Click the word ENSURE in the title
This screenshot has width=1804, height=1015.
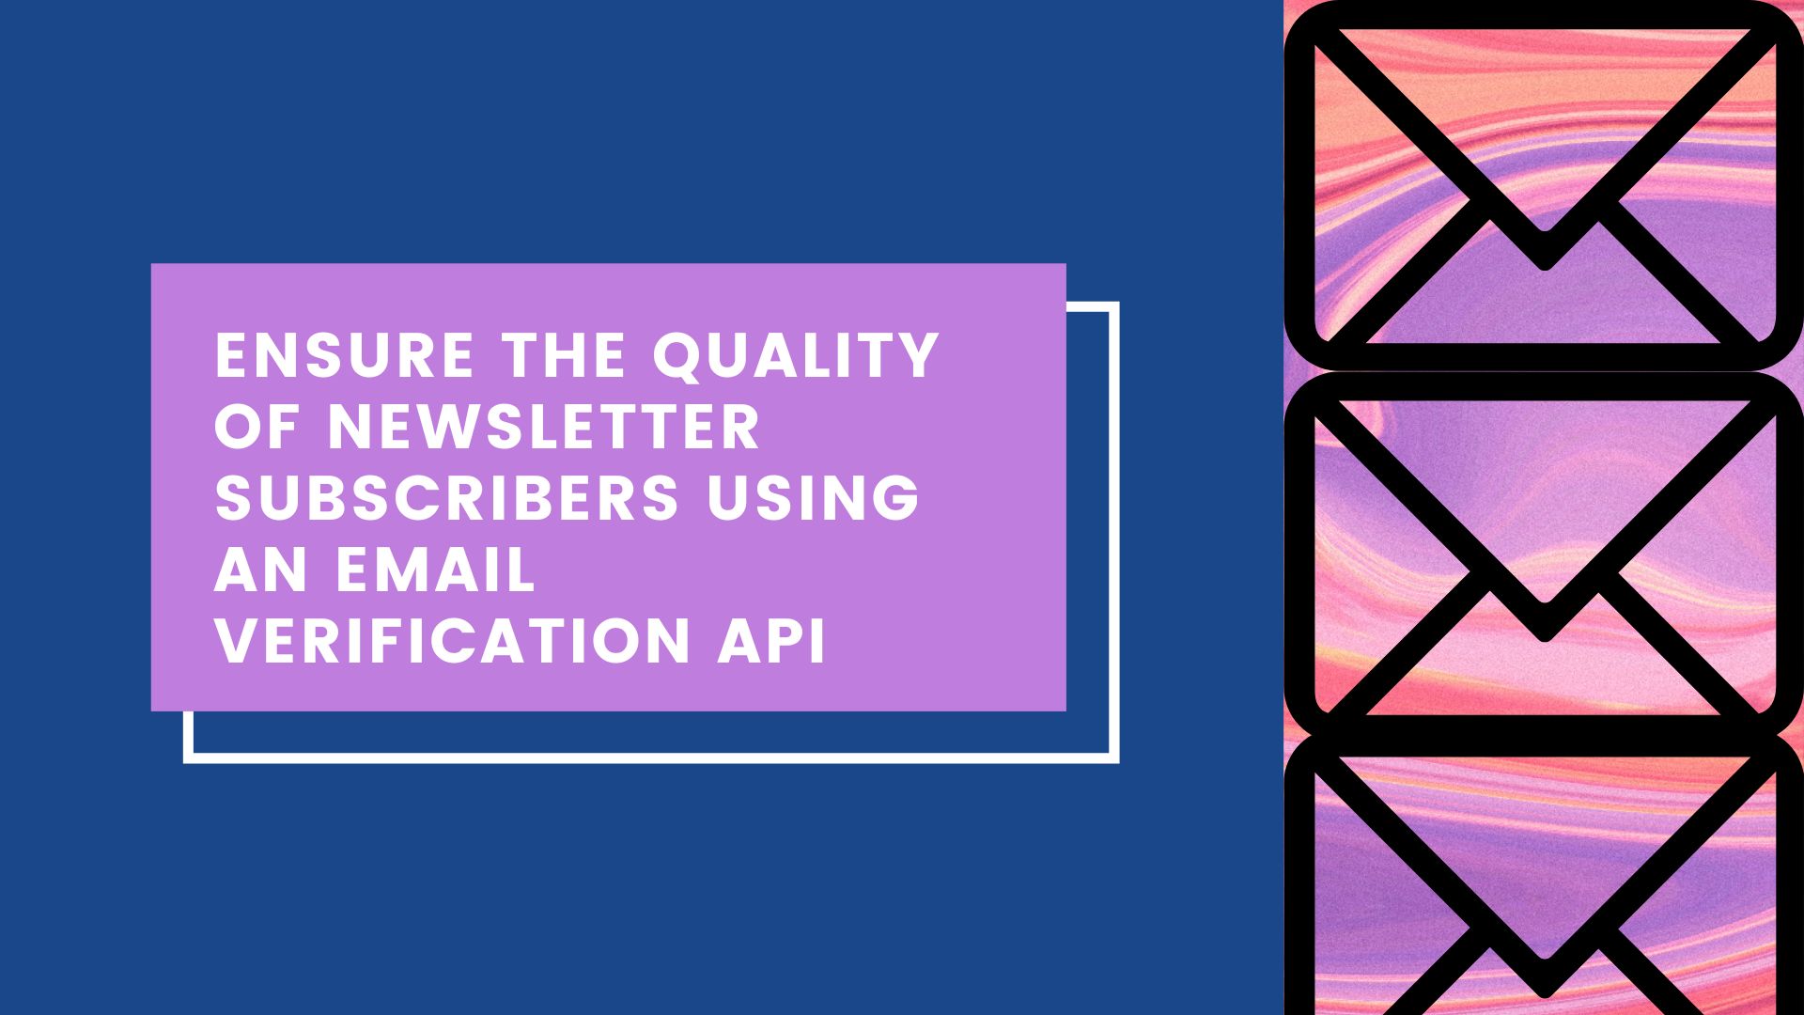point(344,355)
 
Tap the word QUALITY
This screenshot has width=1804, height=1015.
point(797,356)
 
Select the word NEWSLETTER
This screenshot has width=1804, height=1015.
point(543,427)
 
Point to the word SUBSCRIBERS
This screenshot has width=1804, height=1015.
point(446,498)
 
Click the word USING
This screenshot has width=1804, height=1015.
point(814,498)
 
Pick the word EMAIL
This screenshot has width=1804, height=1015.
point(436,570)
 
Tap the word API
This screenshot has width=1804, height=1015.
point(771,641)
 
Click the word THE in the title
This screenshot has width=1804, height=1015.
point(564,355)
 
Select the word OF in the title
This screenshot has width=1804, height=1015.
point(257,427)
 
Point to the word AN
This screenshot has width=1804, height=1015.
point(260,570)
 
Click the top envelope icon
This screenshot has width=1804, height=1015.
point(1544,185)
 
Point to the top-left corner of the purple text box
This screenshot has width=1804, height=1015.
point(152,265)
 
